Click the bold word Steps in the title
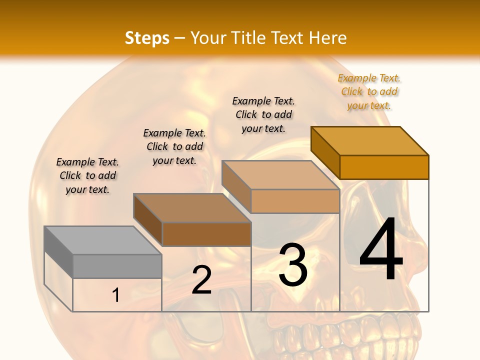(x=147, y=38)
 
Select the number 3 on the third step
(x=293, y=264)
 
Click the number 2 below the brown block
(x=201, y=280)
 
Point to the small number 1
(x=116, y=295)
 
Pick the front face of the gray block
(x=117, y=266)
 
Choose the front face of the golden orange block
(x=384, y=167)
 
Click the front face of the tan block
(x=295, y=201)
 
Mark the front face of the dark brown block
(x=206, y=234)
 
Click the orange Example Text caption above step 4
(x=369, y=92)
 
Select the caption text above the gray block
(x=87, y=175)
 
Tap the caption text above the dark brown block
(x=174, y=146)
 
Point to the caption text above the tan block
(x=263, y=114)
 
